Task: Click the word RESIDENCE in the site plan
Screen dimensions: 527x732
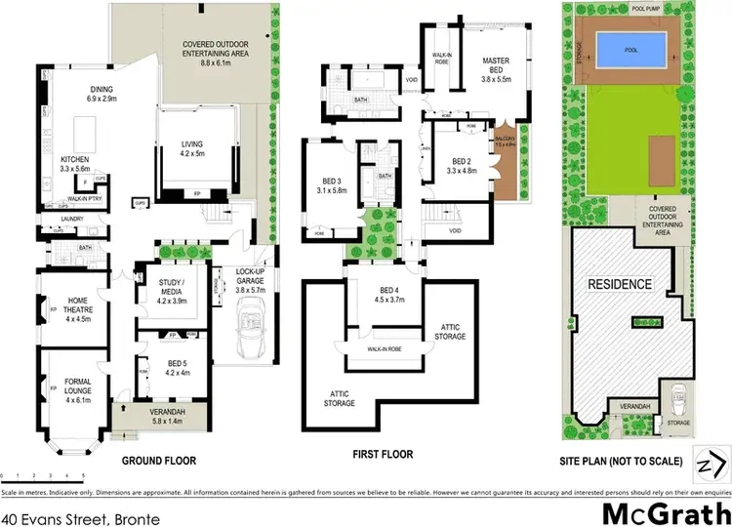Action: pos(619,284)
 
